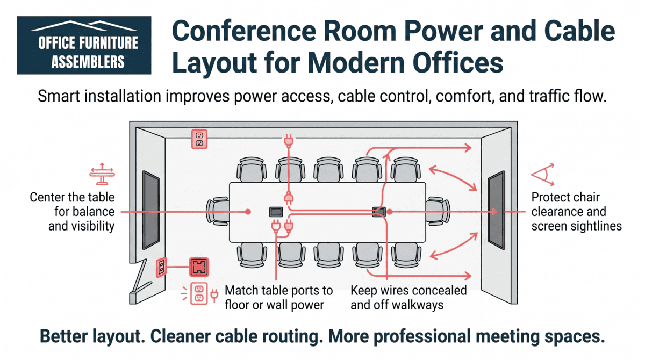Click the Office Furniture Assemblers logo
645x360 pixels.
(x=84, y=45)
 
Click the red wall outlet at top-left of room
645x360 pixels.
(x=199, y=139)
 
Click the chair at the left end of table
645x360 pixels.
(x=218, y=211)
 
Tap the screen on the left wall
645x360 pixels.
(x=150, y=210)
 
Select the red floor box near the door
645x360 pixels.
(x=199, y=267)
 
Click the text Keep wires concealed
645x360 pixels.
(x=408, y=291)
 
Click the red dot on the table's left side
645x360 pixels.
(x=248, y=212)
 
